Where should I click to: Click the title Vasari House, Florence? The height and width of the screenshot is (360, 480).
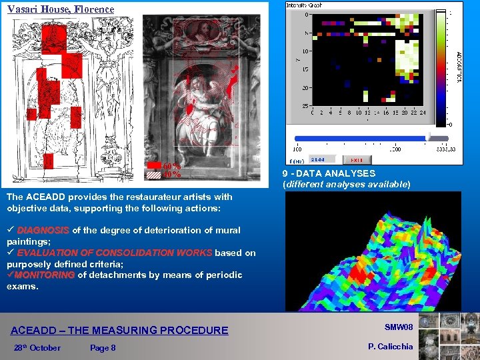coord(61,9)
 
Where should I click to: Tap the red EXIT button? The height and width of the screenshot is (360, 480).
coord(357,160)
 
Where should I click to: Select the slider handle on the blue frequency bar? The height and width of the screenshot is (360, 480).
coord(429,138)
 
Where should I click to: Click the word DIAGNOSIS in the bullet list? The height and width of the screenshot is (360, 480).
coord(43,230)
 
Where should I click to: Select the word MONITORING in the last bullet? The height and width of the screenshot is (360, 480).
coord(45,275)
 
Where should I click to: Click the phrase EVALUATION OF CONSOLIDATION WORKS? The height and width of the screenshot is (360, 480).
coord(114,253)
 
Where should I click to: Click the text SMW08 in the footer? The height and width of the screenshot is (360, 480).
coord(399,327)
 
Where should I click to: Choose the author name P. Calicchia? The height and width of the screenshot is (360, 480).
coord(390,346)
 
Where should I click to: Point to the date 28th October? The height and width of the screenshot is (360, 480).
coord(37,347)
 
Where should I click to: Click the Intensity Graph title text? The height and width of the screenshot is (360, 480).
coord(304,5)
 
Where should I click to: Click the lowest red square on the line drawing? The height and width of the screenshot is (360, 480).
coord(48,161)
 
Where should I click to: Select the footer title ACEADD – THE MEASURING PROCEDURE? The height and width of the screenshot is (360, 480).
coord(119,330)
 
